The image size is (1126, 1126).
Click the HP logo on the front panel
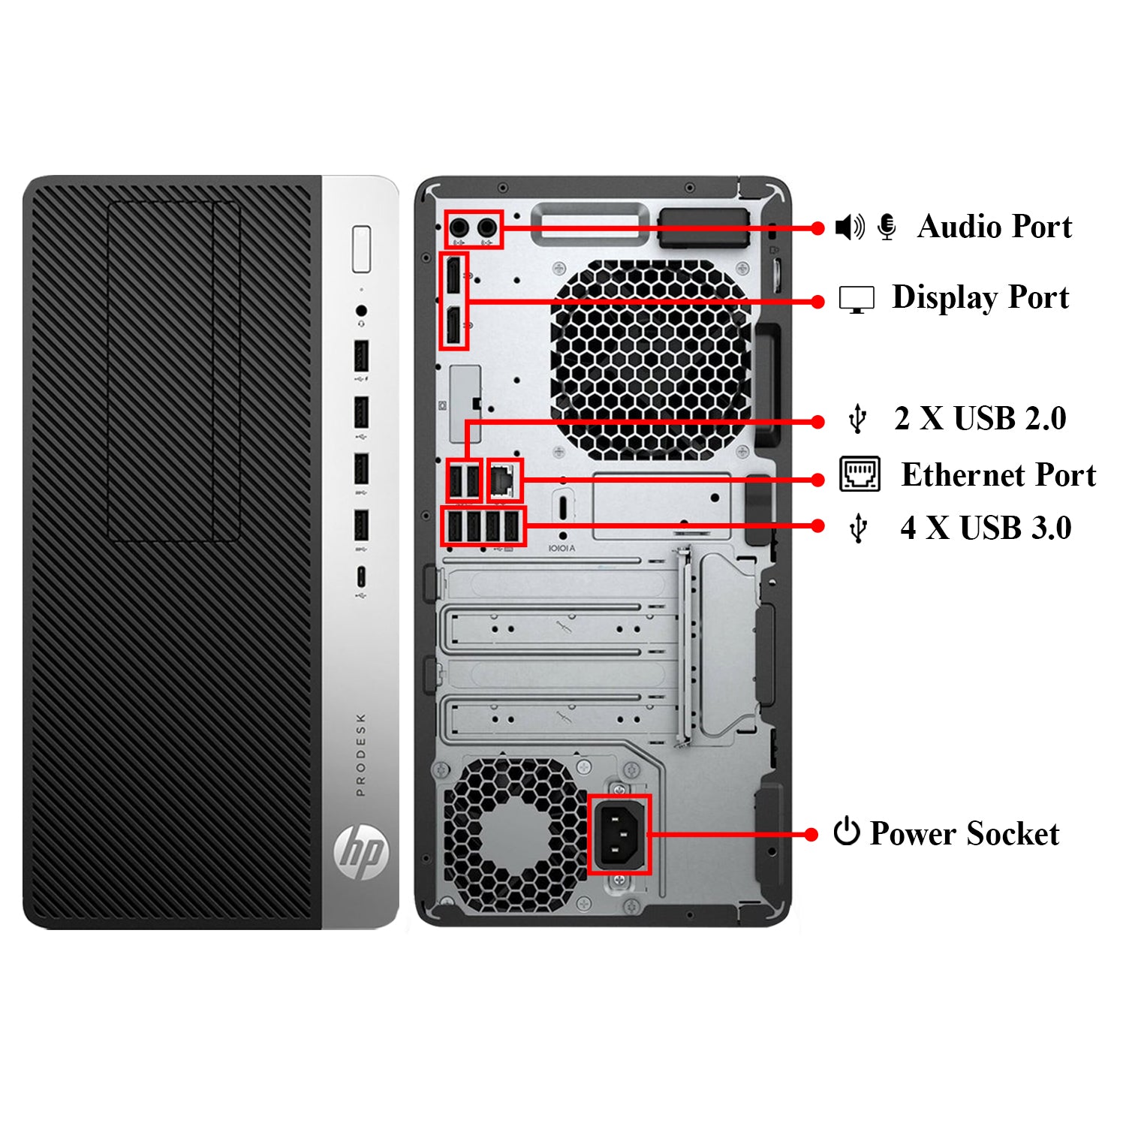[x=361, y=851]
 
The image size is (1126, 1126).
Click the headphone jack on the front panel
[x=361, y=311]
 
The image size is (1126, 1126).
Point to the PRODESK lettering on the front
[x=361, y=754]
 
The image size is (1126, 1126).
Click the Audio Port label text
[x=994, y=227]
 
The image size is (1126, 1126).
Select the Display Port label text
[x=980, y=297]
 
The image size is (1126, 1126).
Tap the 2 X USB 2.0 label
[x=980, y=419]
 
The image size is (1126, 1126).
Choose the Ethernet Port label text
[x=998, y=475]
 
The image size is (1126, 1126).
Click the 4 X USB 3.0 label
[x=985, y=528]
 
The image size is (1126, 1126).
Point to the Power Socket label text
[x=964, y=834]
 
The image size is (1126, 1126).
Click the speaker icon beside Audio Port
[x=850, y=227]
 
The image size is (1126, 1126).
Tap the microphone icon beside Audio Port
[x=887, y=227]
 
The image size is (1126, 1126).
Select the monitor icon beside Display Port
[x=857, y=300]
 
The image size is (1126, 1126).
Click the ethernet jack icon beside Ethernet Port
[x=860, y=474]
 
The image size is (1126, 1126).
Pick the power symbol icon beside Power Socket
[x=846, y=831]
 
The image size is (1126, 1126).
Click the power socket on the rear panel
[x=619, y=833]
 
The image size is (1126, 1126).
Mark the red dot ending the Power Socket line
[x=811, y=834]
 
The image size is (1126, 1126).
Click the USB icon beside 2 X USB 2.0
[x=857, y=419]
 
